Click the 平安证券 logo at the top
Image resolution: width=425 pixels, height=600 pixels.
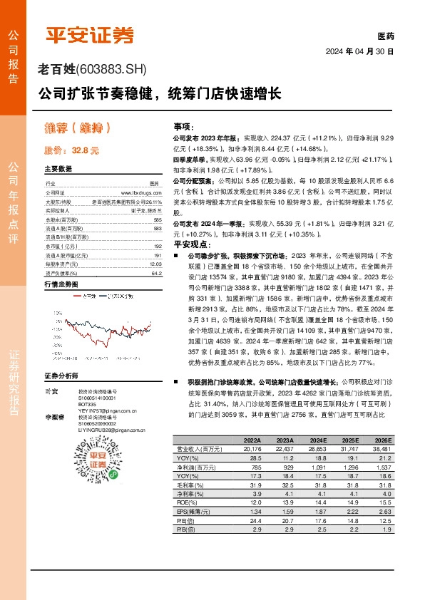pyautogui.click(x=89, y=34)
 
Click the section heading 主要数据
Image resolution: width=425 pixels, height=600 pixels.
pyautogui.click(x=58, y=170)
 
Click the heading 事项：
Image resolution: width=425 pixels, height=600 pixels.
pyautogui.click(x=183, y=125)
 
